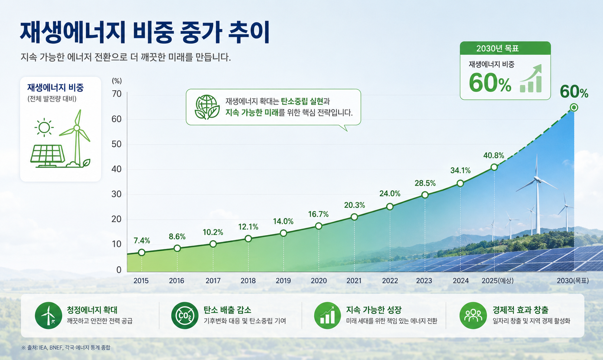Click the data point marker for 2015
141,252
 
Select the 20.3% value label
354,205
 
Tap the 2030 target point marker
574,107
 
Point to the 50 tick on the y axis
117,144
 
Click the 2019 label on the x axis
283,280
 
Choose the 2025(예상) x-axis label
498,280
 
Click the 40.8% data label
493,155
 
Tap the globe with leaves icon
207,107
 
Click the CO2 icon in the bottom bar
185,315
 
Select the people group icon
473,315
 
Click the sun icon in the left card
44,127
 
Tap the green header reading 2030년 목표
505,48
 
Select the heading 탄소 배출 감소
227,310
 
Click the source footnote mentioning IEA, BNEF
66,347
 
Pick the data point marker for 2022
389,207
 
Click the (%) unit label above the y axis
117,81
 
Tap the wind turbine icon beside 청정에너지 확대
48,315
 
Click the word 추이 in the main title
248,33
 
